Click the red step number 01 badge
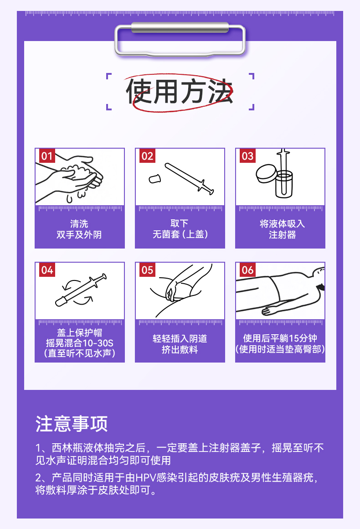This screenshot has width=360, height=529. [47, 156]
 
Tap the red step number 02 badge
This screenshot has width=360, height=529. [147, 156]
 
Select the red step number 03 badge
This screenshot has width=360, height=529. [247, 156]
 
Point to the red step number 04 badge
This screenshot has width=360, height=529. [47, 270]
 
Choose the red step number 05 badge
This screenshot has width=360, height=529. [147, 270]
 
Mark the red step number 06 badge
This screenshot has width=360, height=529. [247, 270]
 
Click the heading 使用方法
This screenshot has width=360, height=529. [180, 91]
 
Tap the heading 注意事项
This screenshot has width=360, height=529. [72, 424]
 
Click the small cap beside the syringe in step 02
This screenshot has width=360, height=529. [155, 178]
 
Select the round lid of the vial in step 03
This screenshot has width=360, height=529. [266, 173]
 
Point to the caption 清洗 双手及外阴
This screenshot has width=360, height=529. [79, 229]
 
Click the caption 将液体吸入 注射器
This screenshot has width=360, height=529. [282, 229]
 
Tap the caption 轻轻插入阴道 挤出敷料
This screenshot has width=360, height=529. [180, 344]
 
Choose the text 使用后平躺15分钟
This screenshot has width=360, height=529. [280, 338]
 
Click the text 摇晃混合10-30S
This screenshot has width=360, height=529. [80, 343]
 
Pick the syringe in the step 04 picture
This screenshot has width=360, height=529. [81, 290]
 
